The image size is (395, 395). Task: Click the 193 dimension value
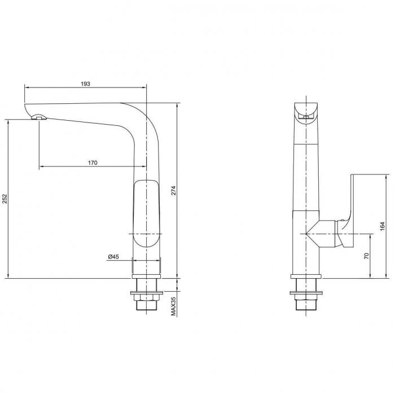pos(85,84)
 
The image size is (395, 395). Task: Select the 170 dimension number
pos(93,163)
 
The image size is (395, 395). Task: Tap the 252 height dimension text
pos(5,199)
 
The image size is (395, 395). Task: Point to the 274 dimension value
pos(173,191)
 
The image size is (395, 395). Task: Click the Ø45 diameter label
pos(113,257)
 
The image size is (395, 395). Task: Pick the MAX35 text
pos(173,306)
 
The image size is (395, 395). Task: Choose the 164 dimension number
pos(383,226)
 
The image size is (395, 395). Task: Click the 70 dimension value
pos(367,256)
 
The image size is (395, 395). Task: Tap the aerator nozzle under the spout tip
pos(39,117)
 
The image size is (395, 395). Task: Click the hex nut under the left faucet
pos(146,298)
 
